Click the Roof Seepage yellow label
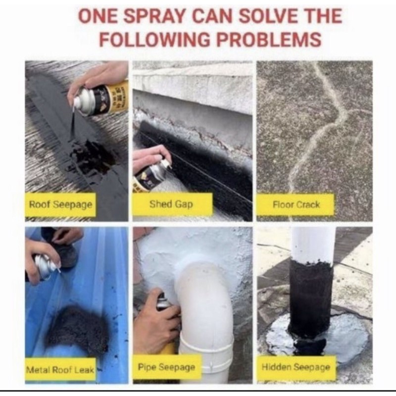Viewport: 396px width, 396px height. tap(60, 204)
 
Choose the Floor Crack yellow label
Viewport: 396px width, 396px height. tap(296, 204)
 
